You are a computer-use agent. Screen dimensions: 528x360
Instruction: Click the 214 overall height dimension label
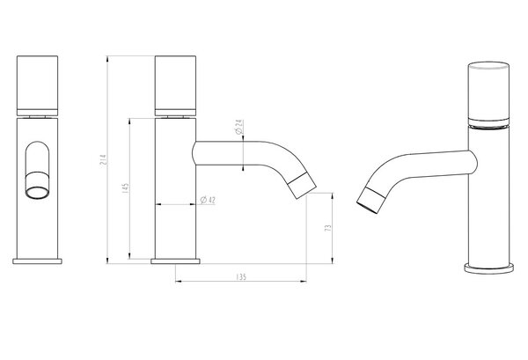point(104,159)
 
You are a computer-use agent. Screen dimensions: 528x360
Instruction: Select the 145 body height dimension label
point(125,188)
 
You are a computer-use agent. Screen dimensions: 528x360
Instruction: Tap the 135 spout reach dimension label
point(241,276)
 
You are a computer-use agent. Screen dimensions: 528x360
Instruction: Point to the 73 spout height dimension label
point(328,228)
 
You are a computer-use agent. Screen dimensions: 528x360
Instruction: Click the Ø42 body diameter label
point(208,200)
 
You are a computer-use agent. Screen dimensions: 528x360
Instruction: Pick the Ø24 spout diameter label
point(239,127)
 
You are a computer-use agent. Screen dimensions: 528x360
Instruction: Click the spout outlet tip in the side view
point(302,185)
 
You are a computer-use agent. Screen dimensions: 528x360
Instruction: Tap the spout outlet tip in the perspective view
point(370,200)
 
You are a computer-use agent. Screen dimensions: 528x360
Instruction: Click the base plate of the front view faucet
point(37,261)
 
